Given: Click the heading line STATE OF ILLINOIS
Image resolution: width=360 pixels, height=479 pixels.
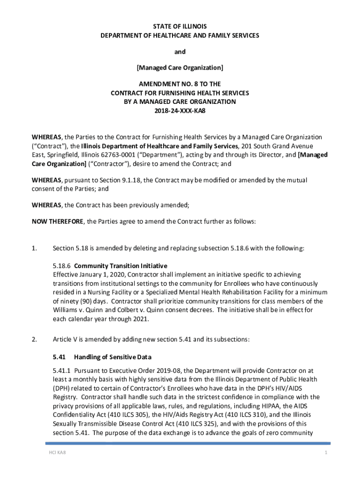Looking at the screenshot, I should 180,26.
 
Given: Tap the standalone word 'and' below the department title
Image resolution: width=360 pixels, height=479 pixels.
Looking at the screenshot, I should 180,51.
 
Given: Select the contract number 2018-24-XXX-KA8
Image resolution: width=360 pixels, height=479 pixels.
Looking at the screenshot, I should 180,110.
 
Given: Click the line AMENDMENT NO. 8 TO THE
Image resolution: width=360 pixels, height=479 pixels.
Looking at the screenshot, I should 180,85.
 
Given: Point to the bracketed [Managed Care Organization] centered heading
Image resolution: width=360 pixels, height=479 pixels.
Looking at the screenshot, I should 180,68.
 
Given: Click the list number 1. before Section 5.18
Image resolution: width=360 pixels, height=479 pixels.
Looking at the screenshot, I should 35,248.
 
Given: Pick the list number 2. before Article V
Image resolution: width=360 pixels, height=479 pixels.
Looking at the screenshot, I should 35,340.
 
